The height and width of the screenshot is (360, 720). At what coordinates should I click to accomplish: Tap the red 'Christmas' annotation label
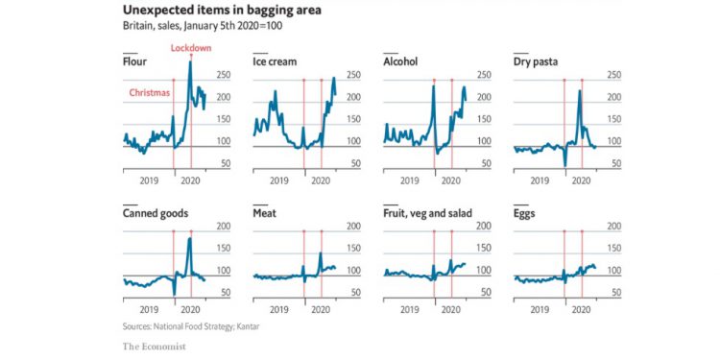coord(149,93)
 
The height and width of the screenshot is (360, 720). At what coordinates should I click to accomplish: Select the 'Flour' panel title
coord(134,61)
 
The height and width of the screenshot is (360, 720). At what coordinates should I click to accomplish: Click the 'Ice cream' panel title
coord(274,61)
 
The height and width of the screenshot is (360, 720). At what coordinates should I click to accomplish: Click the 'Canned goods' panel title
coord(155,213)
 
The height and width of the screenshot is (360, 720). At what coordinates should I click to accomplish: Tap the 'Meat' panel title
coord(265,213)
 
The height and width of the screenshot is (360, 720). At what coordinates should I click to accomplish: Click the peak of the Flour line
coord(190,63)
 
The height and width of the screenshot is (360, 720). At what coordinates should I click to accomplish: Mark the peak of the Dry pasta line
coord(580,91)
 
